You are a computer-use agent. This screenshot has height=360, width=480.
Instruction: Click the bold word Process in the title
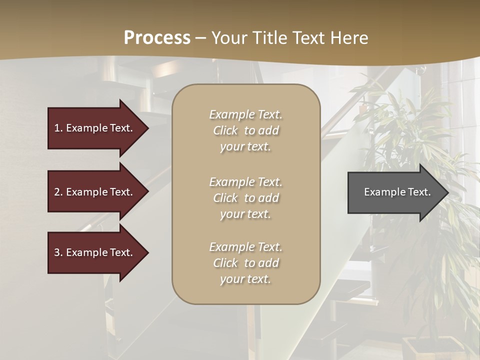point(157,38)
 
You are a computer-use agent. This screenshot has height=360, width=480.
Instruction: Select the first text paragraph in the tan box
point(245,130)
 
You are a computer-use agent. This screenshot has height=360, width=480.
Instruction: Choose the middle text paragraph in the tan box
point(245,198)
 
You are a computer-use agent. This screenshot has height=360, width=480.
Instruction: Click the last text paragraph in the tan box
point(245,263)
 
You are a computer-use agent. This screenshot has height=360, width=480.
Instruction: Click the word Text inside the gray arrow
point(418,192)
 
